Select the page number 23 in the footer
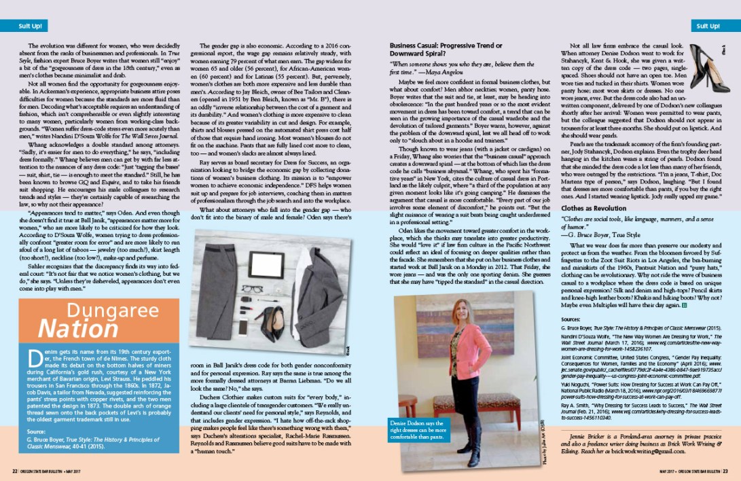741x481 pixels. [x=725, y=470]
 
